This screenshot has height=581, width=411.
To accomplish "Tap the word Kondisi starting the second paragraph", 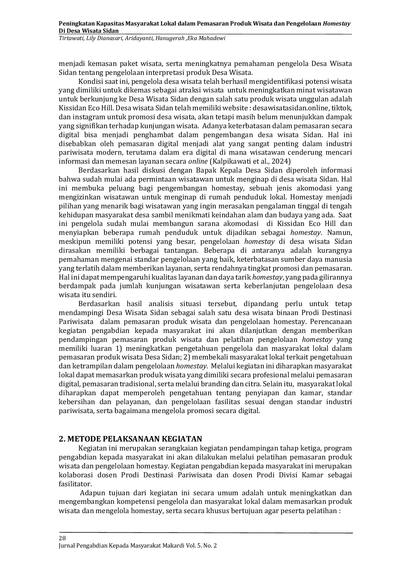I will pos(89,81).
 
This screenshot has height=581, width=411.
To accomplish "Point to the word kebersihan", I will pos(75,402).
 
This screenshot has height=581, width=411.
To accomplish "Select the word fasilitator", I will pos(74,484).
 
